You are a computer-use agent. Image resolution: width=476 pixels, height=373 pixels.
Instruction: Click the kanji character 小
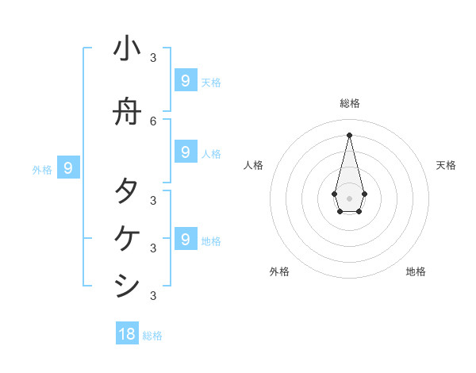click(127, 48)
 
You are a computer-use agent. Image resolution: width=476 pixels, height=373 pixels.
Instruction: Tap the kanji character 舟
click(127, 113)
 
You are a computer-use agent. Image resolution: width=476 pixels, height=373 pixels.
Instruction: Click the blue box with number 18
click(127, 334)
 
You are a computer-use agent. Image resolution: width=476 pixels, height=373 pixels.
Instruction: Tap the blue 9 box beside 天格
click(185, 81)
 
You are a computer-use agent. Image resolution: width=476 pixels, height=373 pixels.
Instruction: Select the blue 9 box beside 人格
click(185, 152)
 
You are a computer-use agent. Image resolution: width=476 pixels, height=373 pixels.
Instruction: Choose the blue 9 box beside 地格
click(185, 240)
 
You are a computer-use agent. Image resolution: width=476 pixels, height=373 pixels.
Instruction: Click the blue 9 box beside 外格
click(68, 168)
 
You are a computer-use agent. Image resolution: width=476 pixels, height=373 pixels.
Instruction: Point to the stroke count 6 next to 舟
click(154, 121)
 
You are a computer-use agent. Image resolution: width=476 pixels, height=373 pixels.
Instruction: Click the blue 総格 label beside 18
click(152, 336)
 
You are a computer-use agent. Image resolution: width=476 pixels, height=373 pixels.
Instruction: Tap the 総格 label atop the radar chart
click(350, 103)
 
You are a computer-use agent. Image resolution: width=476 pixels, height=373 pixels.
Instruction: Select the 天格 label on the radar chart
click(446, 165)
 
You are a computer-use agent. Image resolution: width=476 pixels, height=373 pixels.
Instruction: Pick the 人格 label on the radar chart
click(253, 165)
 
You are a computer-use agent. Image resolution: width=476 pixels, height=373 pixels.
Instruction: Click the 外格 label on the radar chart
click(279, 271)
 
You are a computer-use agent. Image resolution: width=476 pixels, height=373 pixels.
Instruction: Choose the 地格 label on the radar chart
click(416, 271)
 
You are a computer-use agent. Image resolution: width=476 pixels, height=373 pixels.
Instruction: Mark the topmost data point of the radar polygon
click(350, 134)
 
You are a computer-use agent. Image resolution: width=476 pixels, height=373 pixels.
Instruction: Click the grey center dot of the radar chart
click(350, 198)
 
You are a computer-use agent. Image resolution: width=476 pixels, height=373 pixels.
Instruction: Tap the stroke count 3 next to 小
click(154, 58)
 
